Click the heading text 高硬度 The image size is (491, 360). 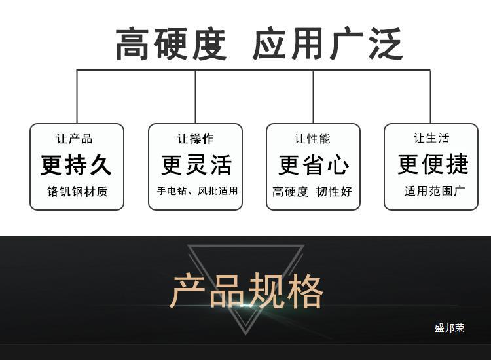click(172, 45)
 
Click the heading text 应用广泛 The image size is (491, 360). click(327, 45)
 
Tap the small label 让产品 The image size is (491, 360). click(75, 139)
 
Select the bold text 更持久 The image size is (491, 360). click(77, 165)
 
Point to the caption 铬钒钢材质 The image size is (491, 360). click(77, 192)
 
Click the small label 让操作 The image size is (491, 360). click(195, 139)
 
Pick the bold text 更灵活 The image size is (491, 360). click(196, 165)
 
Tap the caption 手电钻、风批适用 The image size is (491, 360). click(196, 192)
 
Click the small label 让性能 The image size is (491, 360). click(312, 139)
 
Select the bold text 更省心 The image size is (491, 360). click(314, 165)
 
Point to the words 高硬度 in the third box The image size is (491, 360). click(290, 192)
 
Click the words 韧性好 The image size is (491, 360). click(334, 192)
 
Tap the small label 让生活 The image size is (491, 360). click(431, 138)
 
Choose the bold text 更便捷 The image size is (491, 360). click(433, 164)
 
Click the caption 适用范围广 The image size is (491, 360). click(435, 192)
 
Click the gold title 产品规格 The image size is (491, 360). click(247, 292)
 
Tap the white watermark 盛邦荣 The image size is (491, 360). click(449, 328)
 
